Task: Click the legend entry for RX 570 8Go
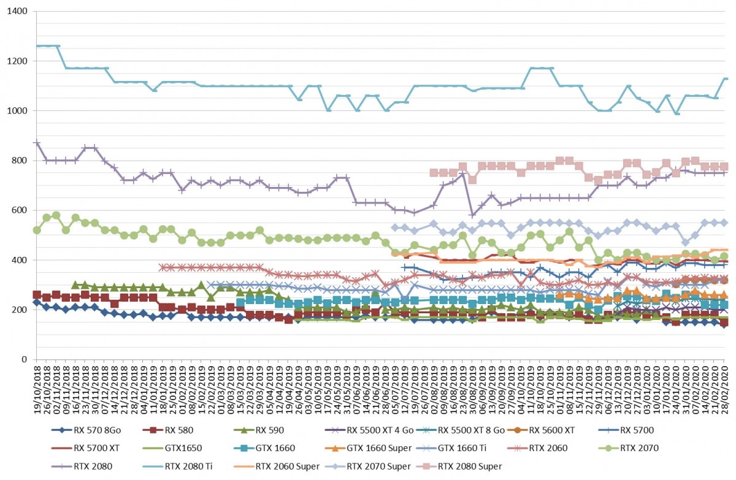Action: [86, 430]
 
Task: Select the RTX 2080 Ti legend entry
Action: [177, 467]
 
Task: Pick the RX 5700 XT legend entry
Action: [85, 448]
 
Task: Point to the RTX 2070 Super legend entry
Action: [368, 467]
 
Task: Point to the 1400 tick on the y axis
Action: [17, 11]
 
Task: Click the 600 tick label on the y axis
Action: [20, 210]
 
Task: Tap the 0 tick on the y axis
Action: [25, 359]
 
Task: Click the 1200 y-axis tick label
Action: [17, 61]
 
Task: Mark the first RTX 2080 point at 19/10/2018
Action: [37, 143]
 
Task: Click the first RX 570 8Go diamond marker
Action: [37, 302]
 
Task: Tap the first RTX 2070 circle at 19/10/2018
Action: [37, 230]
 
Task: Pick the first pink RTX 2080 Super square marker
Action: [434, 173]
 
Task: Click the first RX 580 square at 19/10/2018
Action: [37, 294]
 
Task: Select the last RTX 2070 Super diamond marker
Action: [724, 223]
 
